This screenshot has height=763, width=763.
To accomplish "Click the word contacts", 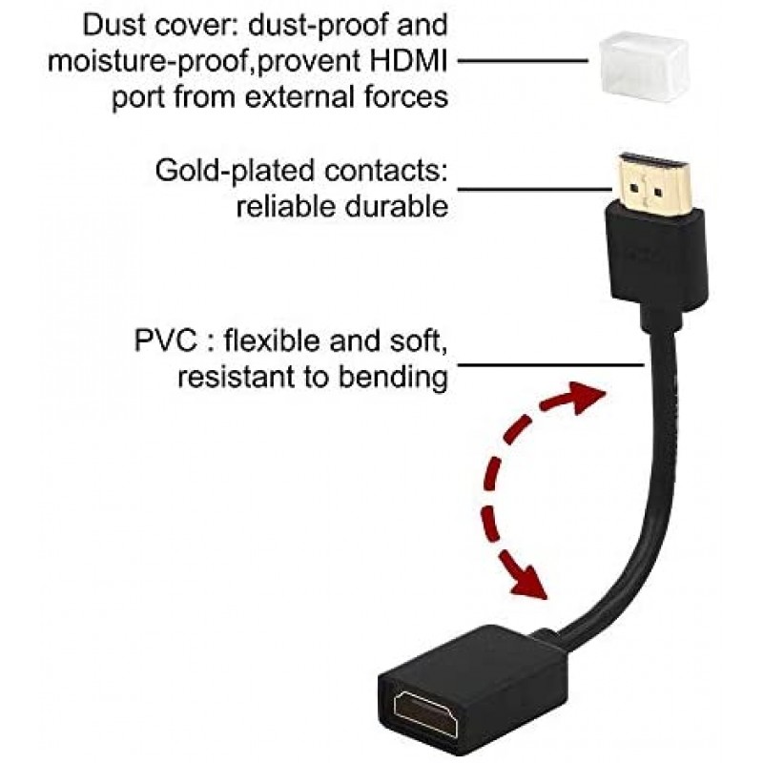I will tap(390, 172).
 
